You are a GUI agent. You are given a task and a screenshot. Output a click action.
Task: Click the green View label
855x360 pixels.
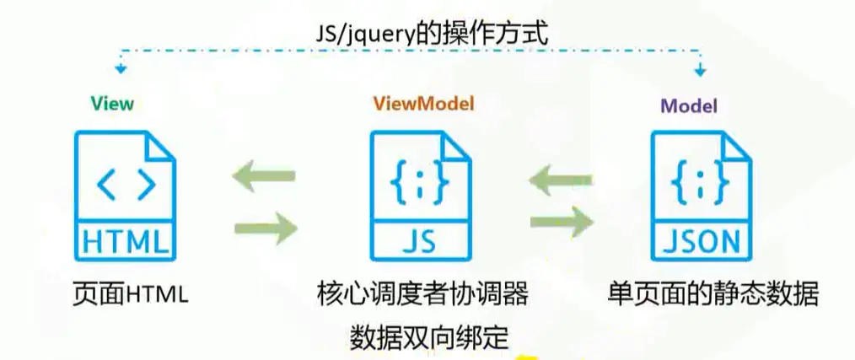[112, 104]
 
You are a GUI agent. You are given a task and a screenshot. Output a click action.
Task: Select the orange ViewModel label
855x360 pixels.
[423, 104]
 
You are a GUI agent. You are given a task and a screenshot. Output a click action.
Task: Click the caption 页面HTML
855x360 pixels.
[130, 294]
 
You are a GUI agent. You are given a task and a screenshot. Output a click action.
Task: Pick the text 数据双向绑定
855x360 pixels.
[429, 336]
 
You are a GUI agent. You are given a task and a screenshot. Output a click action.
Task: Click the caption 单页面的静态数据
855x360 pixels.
[712, 294]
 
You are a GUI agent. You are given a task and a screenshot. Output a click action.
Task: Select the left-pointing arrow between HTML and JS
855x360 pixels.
[264, 176]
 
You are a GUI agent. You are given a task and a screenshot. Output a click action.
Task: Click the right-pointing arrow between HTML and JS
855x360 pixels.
[266, 226]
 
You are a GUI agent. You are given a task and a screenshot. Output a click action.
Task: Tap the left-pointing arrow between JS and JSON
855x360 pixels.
[561, 176]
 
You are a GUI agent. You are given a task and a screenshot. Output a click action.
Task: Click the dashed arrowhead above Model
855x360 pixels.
[698, 69]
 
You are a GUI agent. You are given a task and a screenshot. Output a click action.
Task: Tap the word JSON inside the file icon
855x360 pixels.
[702, 242]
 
